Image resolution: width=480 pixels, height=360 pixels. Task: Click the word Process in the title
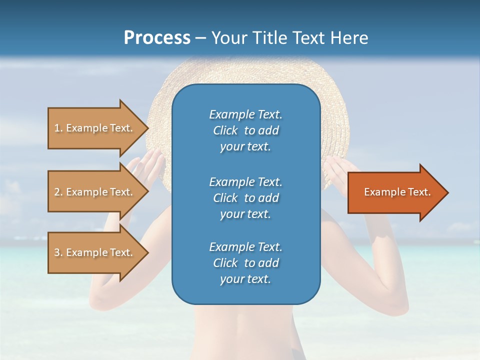[157, 38]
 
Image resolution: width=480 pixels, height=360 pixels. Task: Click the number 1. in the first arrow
[58, 128]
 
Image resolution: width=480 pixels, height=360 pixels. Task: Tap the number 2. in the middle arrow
[58, 192]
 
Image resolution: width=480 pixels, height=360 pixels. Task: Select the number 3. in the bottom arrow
[58, 252]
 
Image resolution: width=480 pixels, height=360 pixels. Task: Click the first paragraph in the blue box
[245, 130]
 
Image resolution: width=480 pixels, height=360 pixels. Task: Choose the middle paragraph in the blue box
[245, 198]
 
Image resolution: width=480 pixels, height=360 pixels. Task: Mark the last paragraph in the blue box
[245, 263]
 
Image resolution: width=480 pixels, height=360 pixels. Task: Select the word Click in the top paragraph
[225, 130]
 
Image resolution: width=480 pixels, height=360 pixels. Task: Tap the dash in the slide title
[200, 38]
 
